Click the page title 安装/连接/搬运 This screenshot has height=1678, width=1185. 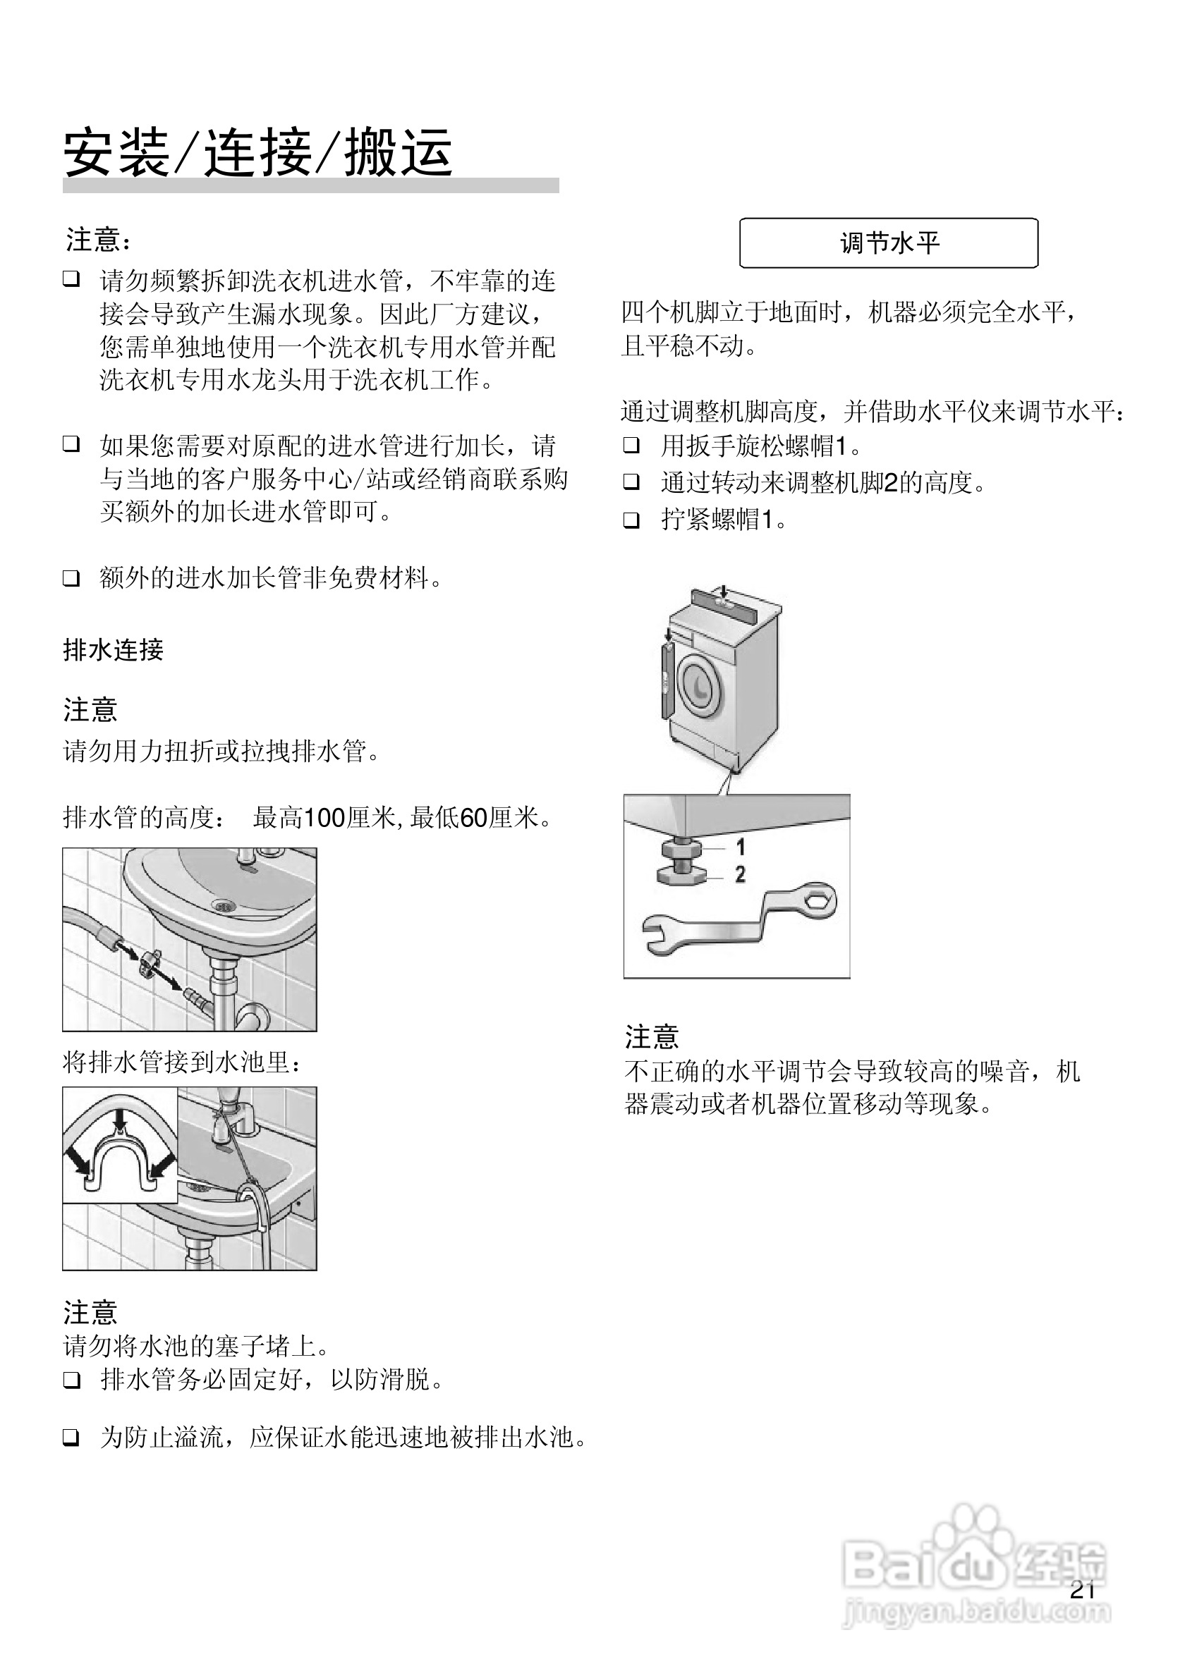(257, 153)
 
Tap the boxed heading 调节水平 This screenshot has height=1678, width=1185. (888, 243)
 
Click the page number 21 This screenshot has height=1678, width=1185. (1082, 1591)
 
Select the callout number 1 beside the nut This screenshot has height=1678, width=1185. (741, 847)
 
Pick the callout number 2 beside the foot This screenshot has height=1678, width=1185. (741, 874)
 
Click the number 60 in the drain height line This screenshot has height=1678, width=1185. (475, 818)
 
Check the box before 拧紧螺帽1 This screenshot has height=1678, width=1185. (631, 520)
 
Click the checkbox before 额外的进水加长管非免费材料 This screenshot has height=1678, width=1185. (71, 579)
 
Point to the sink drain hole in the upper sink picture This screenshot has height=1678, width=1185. (224, 905)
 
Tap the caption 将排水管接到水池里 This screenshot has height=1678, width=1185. (182, 1062)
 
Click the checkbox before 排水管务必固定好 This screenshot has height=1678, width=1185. (71, 1380)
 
